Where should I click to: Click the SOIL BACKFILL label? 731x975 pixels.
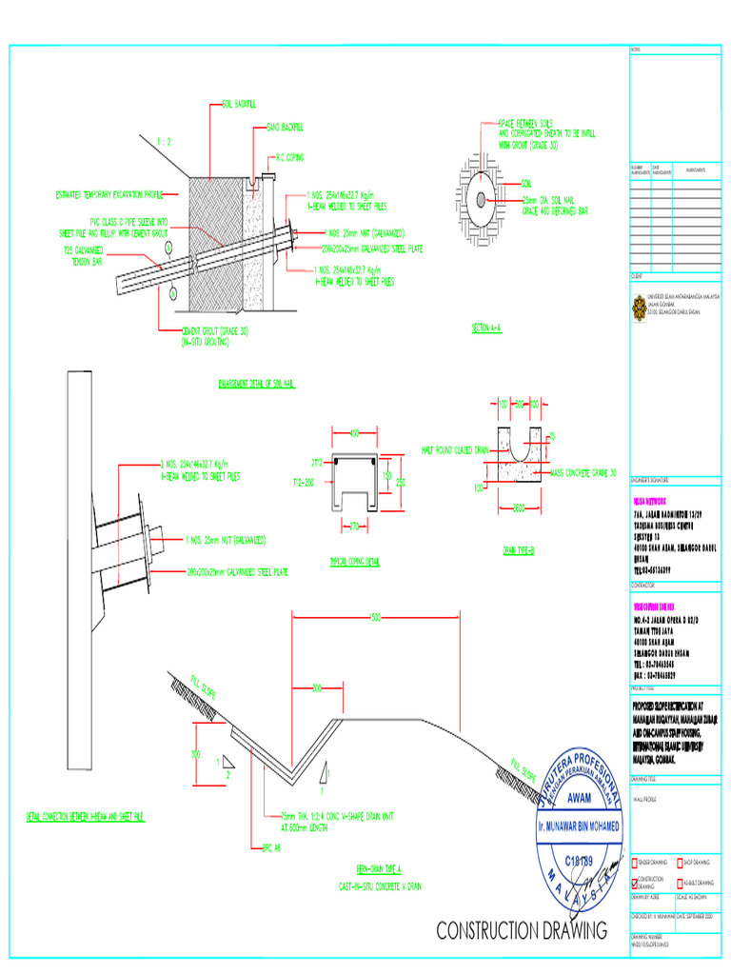pos(240,102)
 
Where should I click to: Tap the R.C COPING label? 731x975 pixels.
pos(289,158)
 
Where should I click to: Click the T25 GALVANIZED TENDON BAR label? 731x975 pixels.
pos(84,255)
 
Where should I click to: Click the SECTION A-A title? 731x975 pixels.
pos(485,328)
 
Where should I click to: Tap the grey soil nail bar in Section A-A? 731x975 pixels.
pos(483,199)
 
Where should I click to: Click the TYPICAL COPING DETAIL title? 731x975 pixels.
pos(354,562)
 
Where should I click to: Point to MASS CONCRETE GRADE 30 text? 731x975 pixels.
pos(583,472)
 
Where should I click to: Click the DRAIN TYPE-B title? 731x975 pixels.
pos(520,550)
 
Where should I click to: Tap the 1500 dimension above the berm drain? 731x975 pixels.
pos(377,618)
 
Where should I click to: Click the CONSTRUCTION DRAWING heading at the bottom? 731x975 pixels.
pos(522,929)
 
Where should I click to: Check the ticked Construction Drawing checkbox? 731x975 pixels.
pos(637,883)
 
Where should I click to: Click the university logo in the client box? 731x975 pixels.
pos(638,306)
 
